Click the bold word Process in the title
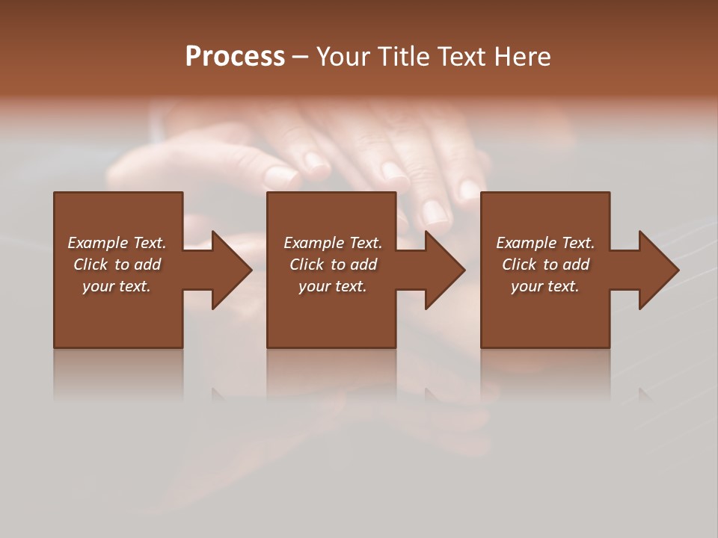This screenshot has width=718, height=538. pos(235,57)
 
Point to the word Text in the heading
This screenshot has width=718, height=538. pos(461,57)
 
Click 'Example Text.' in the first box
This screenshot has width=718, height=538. pos(117,243)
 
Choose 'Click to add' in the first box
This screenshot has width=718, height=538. pos(117,265)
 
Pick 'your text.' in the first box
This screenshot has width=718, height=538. pos(117,286)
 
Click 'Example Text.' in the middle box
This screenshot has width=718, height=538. pos(333,243)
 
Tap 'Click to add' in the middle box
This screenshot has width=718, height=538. pos(333,265)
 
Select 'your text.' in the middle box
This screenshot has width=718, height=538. pos(333,286)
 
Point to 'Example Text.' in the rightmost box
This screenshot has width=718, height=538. pos(545,243)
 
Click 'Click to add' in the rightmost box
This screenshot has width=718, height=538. pos(545,265)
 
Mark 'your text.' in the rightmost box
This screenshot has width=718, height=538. pos(545,286)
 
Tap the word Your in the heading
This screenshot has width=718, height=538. pos(343,57)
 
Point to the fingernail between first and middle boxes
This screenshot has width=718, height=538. pos(281,177)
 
